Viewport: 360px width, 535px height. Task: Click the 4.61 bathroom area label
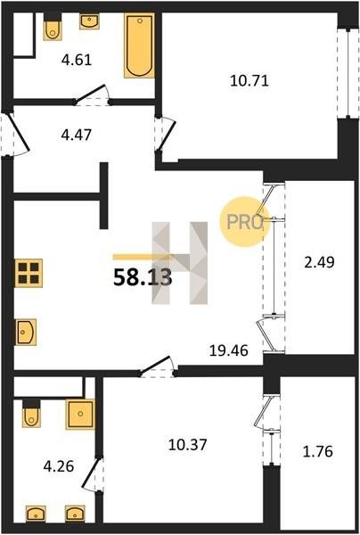77,60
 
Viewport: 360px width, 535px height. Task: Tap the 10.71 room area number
250,81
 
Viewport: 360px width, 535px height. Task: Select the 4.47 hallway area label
77,135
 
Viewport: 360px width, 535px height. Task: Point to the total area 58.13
143,277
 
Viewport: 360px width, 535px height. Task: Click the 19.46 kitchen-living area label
228,350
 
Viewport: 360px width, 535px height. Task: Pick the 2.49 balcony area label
319,262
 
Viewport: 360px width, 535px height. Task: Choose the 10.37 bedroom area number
187,445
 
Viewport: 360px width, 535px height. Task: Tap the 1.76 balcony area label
317,451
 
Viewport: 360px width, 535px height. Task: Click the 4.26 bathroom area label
59,465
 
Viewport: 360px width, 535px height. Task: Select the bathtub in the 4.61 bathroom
139,45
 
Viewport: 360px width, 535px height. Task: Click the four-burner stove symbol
29,273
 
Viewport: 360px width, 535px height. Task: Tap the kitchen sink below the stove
26,332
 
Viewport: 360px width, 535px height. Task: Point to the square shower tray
80,414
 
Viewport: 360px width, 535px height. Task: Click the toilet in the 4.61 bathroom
53,27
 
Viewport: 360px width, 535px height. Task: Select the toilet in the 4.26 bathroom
31,413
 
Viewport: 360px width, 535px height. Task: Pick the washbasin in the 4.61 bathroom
90,21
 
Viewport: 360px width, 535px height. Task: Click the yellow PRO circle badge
244,222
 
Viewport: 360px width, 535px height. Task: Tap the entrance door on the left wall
15,135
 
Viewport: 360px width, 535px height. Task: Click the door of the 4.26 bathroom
93,474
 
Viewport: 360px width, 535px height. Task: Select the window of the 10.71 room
348,73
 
